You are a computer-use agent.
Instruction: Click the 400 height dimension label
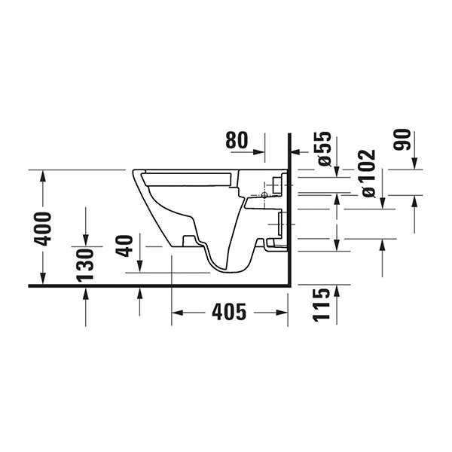43,228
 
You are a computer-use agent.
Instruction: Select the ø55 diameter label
324,148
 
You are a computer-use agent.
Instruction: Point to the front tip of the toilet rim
133,173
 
